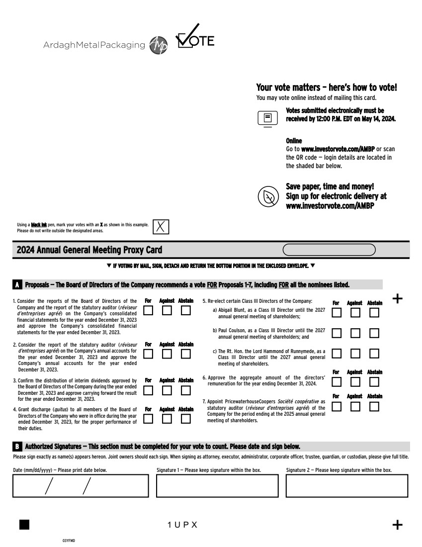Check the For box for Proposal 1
click(x=148, y=311)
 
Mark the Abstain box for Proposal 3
click(x=186, y=390)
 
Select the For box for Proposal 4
click(x=148, y=419)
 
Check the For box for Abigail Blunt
click(x=337, y=313)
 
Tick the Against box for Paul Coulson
click(x=355, y=333)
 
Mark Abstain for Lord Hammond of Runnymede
click(x=374, y=353)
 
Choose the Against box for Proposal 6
click(x=355, y=382)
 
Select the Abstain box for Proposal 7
click(x=374, y=406)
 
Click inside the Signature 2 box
click(x=346, y=485)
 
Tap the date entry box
click(x=81, y=485)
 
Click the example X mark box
click(x=161, y=226)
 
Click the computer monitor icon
click(x=267, y=118)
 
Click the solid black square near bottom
click(x=24, y=524)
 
